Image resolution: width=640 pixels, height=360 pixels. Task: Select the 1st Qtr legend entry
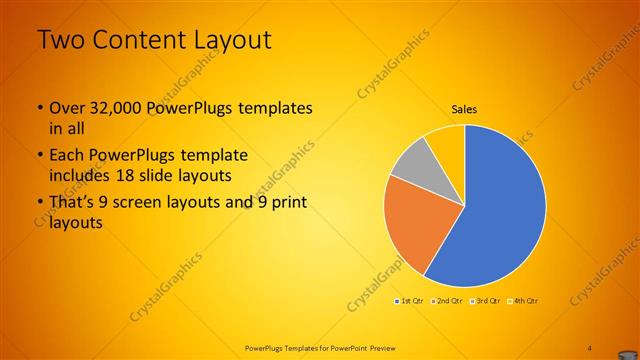(409, 300)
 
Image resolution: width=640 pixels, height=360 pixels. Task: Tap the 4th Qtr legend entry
(523, 300)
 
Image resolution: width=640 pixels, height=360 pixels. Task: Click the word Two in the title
(61, 41)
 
